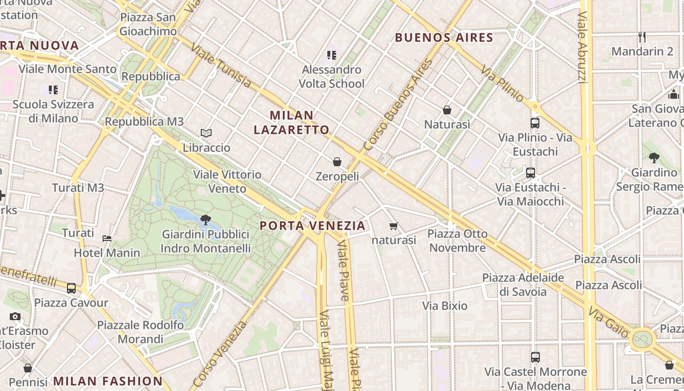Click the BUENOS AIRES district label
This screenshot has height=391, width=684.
pyautogui.click(x=444, y=38)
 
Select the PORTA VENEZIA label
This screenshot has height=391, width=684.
pyautogui.click(x=313, y=225)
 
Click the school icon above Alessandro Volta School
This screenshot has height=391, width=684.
pyautogui.click(x=332, y=55)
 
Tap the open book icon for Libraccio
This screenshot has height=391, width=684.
pyautogui.click(x=206, y=133)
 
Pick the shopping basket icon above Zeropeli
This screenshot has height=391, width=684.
pyautogui.click(x=337, y=161)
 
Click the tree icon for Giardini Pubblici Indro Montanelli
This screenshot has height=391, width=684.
pyautogui.click(x=206, y=220)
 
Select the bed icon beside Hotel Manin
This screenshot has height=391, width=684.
pyautogui.click(x=107, y=239)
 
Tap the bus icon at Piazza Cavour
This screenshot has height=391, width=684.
pyautogui.click(x=71, y=288)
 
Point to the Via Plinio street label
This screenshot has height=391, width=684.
pyautogui.click(x=502, y=84)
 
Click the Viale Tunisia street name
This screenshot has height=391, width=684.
pyautogui.click(x=221, y=65)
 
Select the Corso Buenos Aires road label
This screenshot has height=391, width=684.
pyautogui.click(x=398, y=105)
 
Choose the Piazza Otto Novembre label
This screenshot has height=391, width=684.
pyautogui.click(x=457, y=240)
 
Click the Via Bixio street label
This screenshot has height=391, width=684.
pyautogui.click(x=445, y=306)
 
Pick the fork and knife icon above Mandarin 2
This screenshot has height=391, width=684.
pyautogui.click(x=642, y=37)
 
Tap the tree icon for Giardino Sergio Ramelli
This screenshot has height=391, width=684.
pyautogui.click(x=654, y=157)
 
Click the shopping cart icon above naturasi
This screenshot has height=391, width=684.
pyautogui.click(x=394, y=226)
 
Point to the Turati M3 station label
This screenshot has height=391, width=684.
pyautogui.click(x=78, y=188)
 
